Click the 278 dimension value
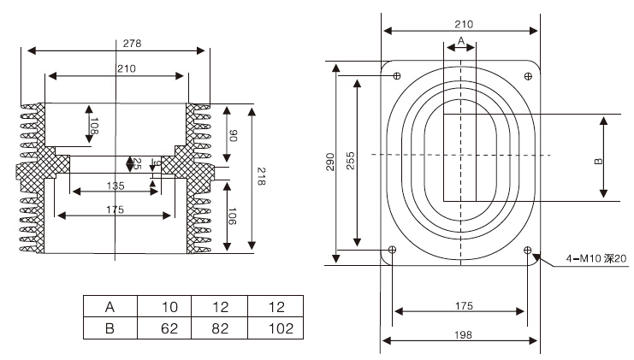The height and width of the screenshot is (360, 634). [x=132, y=42]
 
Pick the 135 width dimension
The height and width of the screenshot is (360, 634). [x=116, y=186]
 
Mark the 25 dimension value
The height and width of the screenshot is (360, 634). [x=137, y=162]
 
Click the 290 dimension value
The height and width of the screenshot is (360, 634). [x=330, y=162]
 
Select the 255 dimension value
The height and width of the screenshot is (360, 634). [x=350, y=162]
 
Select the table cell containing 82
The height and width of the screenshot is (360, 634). [x=220, y=328]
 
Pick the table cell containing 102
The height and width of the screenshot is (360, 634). [x=275, y=328]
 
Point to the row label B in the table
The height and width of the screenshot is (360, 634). [x=110, y=328]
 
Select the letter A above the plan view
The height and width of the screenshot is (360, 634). [x=460, y=40]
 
